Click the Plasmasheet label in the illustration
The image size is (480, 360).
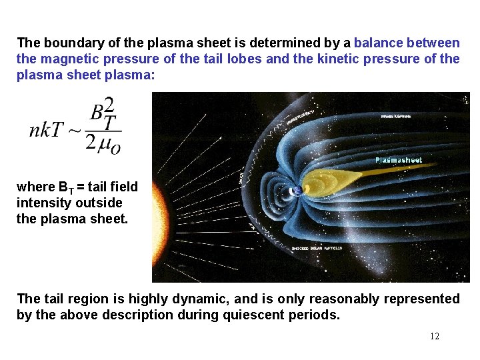click(398, 160)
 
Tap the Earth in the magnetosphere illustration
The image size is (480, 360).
click(298, 190)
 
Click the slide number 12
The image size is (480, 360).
click(434, 336)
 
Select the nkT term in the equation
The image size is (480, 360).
click(45, 129)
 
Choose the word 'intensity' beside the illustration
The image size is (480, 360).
click(42, 203)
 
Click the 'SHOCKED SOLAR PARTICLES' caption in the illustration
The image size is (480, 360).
click(317, 248)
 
